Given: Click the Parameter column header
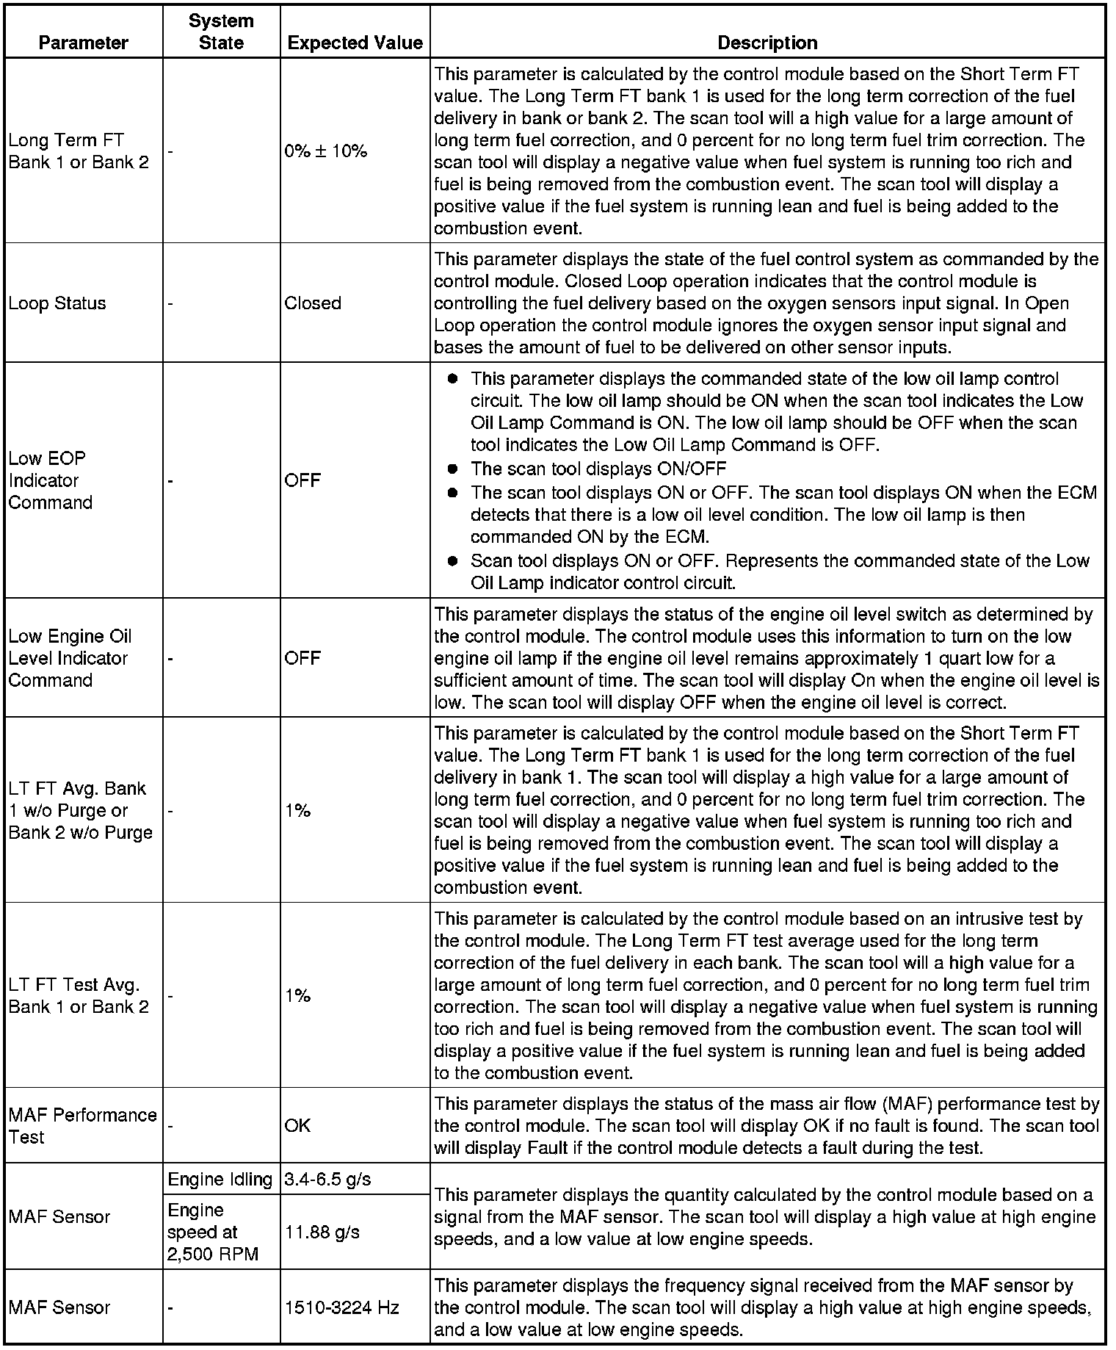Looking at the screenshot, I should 83,43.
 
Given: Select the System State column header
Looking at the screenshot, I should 221,32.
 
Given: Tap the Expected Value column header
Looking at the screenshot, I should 355,43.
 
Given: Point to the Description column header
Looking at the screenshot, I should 767,43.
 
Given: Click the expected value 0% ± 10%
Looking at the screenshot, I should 325,151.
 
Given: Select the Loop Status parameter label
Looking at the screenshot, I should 57,303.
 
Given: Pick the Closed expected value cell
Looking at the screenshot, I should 313,303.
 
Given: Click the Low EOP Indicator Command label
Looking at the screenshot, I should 50,480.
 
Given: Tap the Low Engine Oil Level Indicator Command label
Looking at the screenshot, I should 70,658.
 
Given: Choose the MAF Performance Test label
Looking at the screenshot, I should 82,1126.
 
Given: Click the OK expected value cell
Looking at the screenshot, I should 297,1126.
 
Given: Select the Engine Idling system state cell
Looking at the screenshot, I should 220,1180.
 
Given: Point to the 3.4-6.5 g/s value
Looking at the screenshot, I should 327,1180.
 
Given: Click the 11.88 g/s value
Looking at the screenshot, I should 322,1232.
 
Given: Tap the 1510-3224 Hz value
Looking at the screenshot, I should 341,1307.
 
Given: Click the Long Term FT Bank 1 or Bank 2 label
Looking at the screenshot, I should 78,151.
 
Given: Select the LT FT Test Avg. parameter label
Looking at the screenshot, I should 78,996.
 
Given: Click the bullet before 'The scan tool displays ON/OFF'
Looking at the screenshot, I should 453,469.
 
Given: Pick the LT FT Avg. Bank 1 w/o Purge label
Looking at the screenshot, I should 80,810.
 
